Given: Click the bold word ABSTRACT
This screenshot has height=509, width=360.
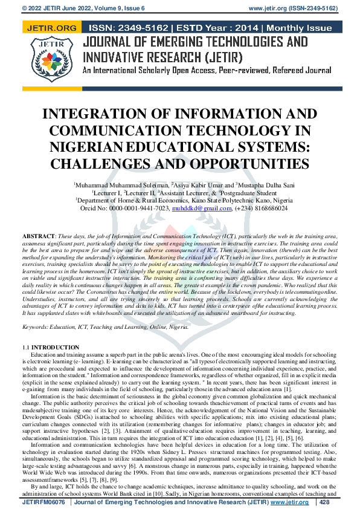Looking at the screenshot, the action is (39, 235).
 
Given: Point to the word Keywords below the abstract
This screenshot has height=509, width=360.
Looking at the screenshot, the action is (36, 327).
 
